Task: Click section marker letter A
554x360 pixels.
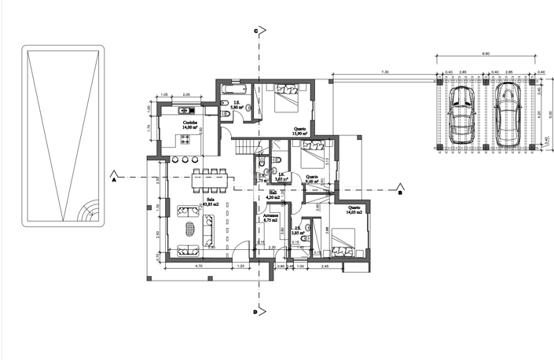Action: click(x=114, y=179)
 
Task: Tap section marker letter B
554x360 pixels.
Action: click(x=399, y=192)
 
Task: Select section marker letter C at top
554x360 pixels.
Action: click(x=255, y=31)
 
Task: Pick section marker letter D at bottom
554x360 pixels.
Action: click(x=255, y=313)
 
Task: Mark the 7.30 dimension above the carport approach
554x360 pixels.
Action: click(x=384, y=72)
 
